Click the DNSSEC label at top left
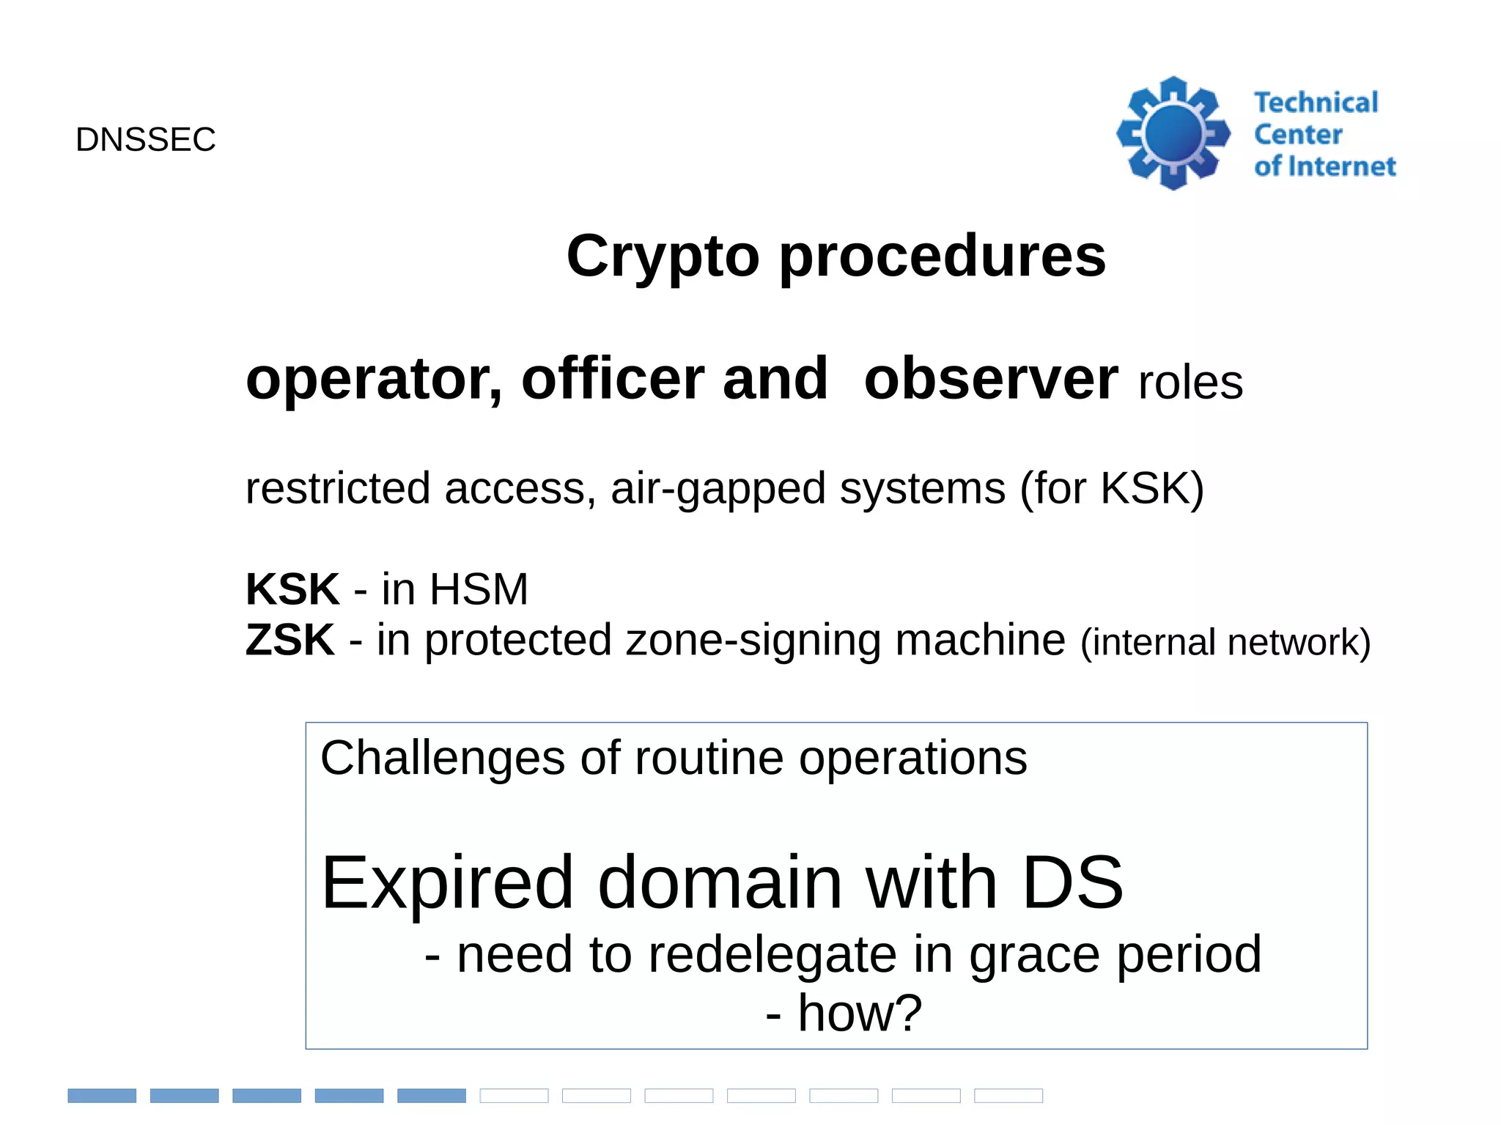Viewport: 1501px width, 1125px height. pos(145,139)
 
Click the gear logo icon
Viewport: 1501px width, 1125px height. pos(1173,133)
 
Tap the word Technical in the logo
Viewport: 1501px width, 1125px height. pos(1316,103)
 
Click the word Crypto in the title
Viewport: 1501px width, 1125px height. pos(663,257)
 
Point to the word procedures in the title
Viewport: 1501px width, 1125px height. pos(942,257)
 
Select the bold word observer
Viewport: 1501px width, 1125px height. pos(991,379)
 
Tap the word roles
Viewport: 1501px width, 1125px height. pos(1190,383)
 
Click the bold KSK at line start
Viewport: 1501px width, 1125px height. pos(292,589)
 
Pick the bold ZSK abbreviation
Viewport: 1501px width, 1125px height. pos(289,640)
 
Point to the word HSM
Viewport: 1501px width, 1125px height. pos(478,589)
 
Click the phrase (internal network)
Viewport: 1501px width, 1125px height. pos(1225,643)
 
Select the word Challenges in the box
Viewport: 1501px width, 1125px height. pos(442,758)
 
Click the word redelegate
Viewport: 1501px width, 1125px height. pos(772,954)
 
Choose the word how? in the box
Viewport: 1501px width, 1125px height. pos(859,1013)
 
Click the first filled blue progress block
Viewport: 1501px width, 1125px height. pos(102,1095)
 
